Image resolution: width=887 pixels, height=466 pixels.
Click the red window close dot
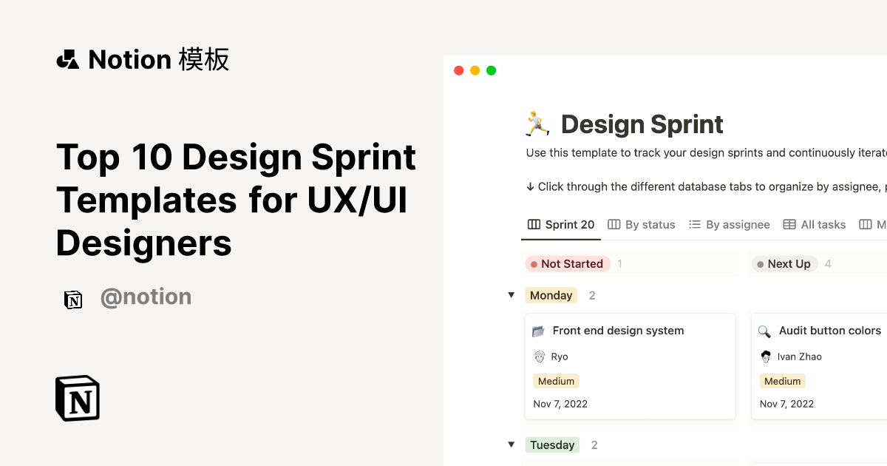(458, 70)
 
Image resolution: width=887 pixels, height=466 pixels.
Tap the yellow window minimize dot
(475, 70)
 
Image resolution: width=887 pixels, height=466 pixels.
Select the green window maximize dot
(491, 70)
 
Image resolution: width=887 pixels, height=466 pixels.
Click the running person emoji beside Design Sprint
(537, 123)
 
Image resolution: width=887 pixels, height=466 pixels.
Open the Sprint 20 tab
(561, 225)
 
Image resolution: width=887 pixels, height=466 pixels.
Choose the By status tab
(642, 225)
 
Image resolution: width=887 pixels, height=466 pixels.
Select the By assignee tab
(730, 225)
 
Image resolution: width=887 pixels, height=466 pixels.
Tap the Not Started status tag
(567, 264)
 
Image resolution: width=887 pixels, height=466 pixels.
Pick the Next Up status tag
(784, 264)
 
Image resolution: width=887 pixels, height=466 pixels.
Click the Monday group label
(551, 295)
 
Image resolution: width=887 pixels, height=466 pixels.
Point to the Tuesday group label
(552, 445)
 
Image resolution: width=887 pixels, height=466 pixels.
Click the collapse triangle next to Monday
(511, 295)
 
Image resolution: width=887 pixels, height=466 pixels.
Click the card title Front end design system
(618, 331)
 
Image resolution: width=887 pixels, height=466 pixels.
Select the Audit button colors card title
(829, 331)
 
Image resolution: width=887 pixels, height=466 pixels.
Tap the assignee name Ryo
(560, 357)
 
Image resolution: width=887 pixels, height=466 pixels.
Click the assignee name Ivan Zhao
(799, 357)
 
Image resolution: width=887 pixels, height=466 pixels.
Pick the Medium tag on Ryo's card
(556, 381)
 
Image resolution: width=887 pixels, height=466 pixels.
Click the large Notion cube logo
(78, 398)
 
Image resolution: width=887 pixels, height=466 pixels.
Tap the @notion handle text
(146, 297)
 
